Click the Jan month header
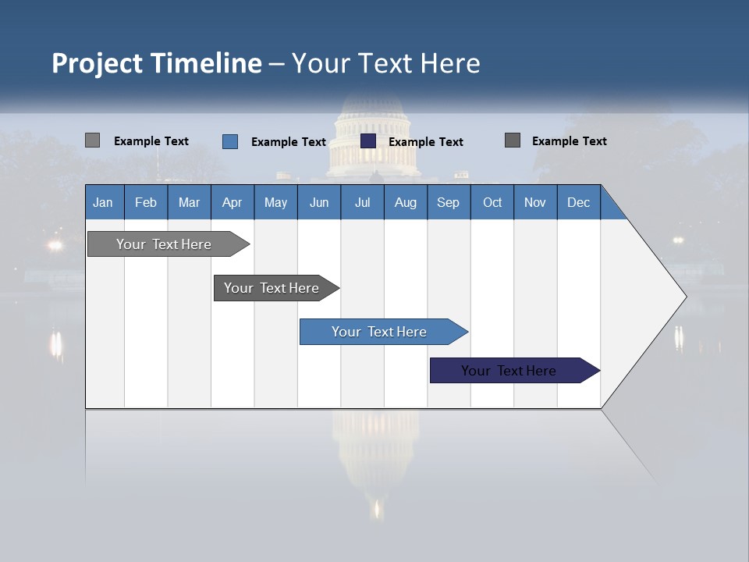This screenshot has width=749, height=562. [104, 202]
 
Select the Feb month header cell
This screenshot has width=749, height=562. [146, 202]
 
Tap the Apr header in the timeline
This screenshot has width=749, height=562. [232, 202]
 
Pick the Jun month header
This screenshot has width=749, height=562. [319, 202]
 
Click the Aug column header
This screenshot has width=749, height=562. [405, 202]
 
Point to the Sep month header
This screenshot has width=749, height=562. [448, 202]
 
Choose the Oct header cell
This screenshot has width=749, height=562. [492, 202]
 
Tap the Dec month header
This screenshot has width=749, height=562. [578, 202]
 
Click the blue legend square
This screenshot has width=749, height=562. [230, 141]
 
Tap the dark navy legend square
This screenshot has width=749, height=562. [368, 140]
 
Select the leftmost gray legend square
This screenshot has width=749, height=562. [92, 140]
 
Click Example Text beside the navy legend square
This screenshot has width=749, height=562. [425, 141]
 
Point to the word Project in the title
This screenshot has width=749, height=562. [97, 63]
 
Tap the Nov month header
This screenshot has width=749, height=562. [535, 202]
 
